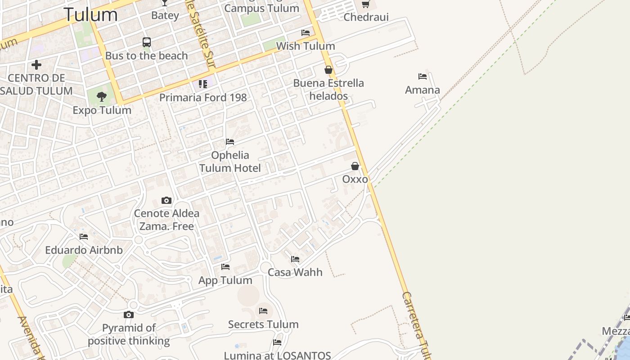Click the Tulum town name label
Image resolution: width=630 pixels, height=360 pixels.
tap(90, 14)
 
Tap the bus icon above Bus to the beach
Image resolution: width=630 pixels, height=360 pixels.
tap(147, 42)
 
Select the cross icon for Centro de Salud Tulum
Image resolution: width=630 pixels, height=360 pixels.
tap(36, 65)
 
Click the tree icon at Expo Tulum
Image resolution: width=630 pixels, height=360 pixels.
tap(102, 96)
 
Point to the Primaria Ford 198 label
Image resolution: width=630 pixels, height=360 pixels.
tap(203, 97)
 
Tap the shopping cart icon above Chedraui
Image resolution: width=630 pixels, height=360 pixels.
tap(366, 4)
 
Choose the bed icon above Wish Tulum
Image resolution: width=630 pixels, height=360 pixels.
tap(306, 33)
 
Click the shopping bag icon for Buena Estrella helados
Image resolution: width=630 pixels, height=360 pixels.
tap(328, 70)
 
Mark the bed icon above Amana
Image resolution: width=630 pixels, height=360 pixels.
tap(422, 76)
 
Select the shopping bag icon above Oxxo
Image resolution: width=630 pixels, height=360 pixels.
tap(355, 166)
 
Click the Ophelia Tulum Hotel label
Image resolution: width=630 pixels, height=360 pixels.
tap(230, 162)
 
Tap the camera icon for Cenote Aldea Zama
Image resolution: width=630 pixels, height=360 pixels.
tap(166, 200)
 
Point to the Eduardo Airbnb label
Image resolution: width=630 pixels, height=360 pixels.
tap(84, 250)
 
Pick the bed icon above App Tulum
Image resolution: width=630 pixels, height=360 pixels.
tap(225, 267)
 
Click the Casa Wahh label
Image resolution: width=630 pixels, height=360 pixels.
tap(295, 272)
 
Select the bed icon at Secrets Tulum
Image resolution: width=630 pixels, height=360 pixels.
tap(263, 311)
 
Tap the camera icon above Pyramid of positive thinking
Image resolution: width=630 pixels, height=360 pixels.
tap(129, 315)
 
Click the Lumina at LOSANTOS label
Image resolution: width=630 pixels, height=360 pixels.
tap(278, 355)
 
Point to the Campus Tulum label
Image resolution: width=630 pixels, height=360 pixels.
tap(261, 8)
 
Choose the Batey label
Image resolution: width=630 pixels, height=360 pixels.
tap(165, 15)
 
